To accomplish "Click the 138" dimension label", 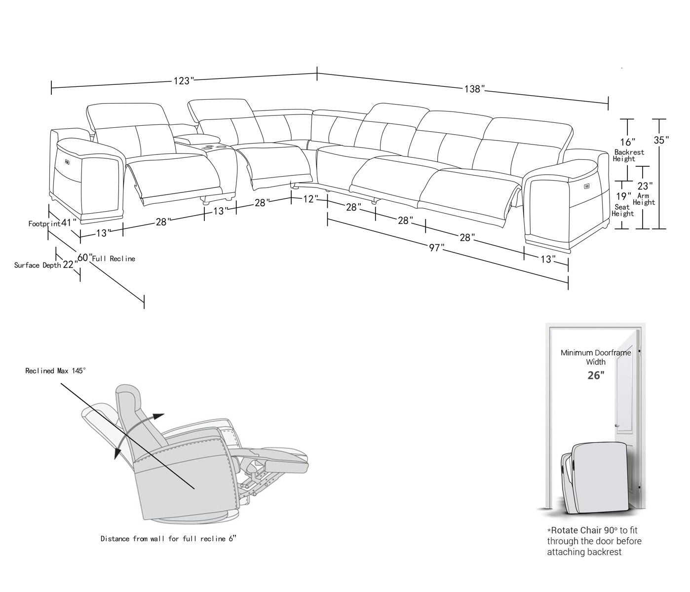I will click(474, 89).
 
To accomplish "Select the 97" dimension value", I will click(436, 248).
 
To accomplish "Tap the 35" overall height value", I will click(661, 140).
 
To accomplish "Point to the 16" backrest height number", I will click(627, 143).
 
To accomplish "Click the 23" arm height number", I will click(644, 186).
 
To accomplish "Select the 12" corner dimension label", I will click(308, 199).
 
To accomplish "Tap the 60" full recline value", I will click(84, 258).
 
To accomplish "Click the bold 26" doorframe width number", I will click(595, 375).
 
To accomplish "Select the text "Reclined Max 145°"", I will click(56, 370).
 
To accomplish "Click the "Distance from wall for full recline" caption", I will click(168, 539).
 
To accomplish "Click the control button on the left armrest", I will click(66, 161).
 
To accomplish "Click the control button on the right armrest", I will click(587, 186).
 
